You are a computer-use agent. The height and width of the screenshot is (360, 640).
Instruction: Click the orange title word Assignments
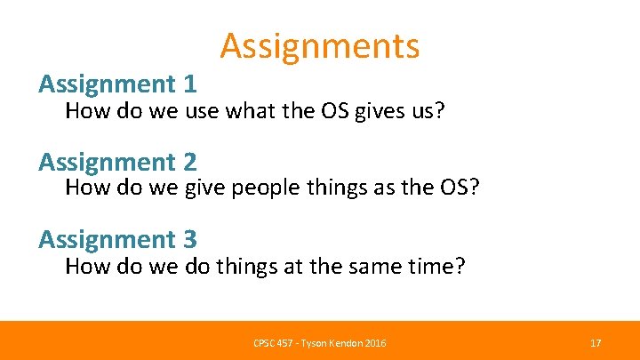click(320, 45)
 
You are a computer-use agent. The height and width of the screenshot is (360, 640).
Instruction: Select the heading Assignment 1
click(117, 84)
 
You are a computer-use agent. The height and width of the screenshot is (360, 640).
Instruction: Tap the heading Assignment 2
click(117, 163)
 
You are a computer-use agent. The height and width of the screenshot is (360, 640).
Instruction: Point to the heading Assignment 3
click(117, 240)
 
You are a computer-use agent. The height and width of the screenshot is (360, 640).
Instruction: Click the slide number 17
click(596, 343)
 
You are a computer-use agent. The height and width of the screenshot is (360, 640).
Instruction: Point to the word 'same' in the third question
click(380, 268)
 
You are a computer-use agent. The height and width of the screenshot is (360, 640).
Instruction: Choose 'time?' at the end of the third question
click(440, 268)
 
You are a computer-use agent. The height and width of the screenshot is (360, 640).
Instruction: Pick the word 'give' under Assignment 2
click(206, 189)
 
